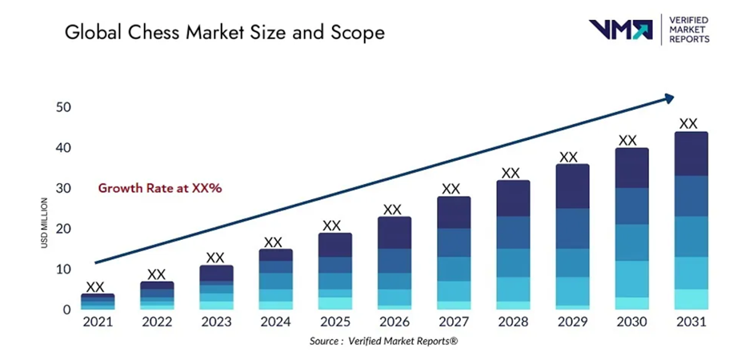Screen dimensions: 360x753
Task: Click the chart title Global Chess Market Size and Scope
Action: pos(224,33)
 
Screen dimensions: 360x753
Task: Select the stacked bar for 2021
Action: pos(97,302)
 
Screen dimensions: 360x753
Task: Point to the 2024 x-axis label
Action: pos(274,322)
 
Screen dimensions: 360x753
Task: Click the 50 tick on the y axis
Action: pos(64,108)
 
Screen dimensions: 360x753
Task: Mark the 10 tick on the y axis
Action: pos(64,270)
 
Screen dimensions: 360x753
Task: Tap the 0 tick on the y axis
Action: pos(67,310)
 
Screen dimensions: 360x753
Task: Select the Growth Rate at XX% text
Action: pos(159,189)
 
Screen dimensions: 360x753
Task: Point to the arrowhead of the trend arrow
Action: pos(667,99)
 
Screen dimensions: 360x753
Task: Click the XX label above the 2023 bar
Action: pos(215,258)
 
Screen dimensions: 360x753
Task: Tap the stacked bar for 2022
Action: pos(157,295)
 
